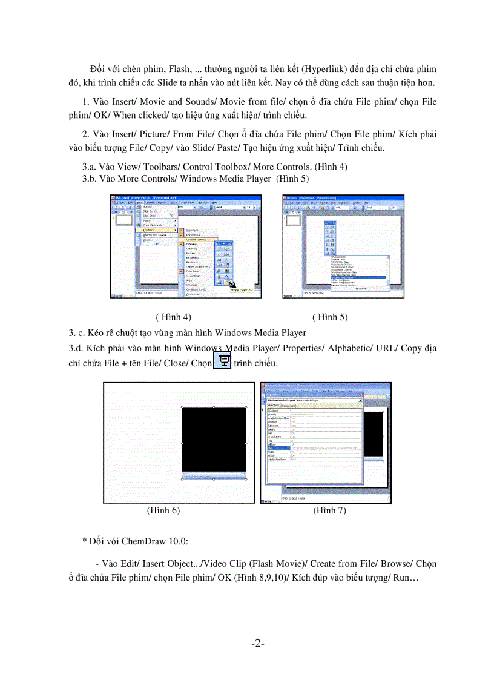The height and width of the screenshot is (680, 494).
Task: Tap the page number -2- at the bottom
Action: click(x=258, y=643)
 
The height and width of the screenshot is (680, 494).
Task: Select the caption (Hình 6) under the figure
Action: click(x=163, y=510)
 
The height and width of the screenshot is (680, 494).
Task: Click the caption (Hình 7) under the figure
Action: click(x=329, y=510)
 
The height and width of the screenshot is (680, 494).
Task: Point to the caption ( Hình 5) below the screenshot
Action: click(x=330, y=317)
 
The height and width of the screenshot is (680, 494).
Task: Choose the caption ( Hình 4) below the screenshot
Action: click(x=174, y=317)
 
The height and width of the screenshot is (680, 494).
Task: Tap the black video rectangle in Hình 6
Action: click(x=214, y=439)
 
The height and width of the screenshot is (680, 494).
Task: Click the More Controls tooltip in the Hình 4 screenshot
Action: click(x=242, y=291)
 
